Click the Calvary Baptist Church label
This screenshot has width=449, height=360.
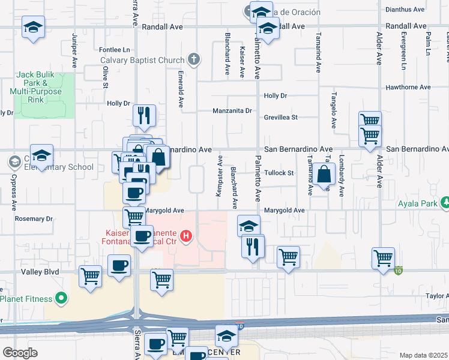142,59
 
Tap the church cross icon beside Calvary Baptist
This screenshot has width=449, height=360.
193,59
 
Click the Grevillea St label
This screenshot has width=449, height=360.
281,118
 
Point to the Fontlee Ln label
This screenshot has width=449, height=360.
114,50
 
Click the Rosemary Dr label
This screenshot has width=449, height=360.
34,219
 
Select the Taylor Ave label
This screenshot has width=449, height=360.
437,296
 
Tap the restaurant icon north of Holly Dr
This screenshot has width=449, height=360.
143,115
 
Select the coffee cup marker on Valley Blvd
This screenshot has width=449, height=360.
119,265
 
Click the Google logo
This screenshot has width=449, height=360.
20,352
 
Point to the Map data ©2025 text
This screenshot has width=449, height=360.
423,355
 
